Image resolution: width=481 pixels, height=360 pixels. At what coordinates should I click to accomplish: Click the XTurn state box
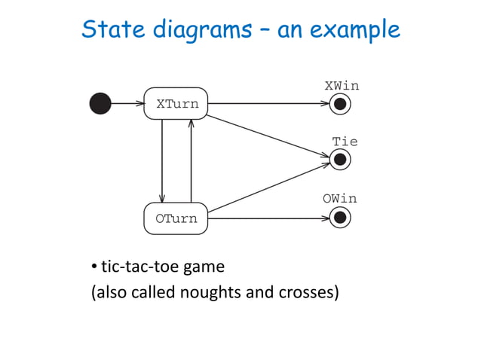[176, 104]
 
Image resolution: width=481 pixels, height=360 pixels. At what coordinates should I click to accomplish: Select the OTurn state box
[176, 218]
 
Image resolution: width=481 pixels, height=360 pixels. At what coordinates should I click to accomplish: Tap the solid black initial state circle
[100, 104]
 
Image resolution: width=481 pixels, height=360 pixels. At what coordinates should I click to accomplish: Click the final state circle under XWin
[341, 104]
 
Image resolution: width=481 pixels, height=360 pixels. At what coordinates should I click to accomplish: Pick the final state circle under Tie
[341, 160]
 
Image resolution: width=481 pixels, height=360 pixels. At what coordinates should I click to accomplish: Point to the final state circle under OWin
[341, 218]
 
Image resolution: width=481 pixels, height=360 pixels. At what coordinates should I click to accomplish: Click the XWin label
[342, 86]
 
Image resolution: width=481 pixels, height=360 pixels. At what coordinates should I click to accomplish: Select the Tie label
[345, 142]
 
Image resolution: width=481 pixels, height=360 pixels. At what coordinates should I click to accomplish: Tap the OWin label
[340, 199]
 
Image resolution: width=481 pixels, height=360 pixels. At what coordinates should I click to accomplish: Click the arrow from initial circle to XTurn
[127, 104]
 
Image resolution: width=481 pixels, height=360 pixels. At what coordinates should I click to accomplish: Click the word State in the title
[109, 29]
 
